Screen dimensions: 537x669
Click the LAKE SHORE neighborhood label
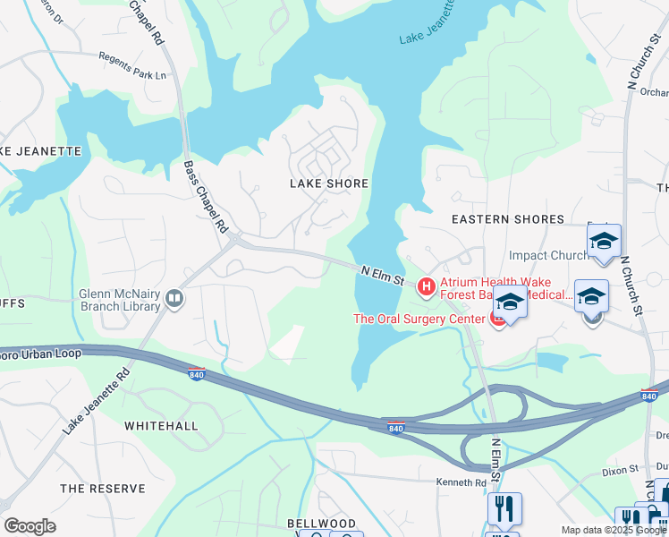point(328,183)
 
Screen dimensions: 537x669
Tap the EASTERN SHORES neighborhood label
point(508,219)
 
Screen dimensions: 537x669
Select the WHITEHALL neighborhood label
point(161,426)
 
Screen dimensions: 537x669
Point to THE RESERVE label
point(102,489)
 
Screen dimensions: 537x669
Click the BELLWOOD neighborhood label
point(321,524)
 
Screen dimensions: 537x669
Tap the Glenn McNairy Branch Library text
point(106,300)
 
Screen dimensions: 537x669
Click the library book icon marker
point(175,299)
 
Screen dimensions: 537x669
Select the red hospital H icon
point(427,287)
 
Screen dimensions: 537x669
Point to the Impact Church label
point(548,256)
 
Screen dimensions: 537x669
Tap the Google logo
point(30,526)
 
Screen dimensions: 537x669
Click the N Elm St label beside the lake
point(384,274)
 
